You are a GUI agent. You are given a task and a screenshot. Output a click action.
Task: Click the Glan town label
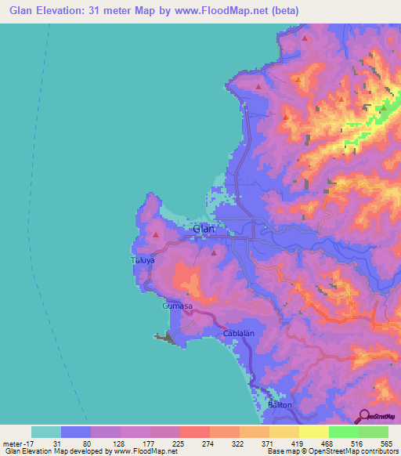click(204, 229)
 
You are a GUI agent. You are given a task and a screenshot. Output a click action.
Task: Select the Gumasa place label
click(177, 306)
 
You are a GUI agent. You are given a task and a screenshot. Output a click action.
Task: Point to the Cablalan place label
click(239, 334)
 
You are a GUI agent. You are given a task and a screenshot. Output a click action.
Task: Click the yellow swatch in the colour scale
click(314, 432)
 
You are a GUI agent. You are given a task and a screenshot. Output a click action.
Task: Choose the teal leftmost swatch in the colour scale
click(46, 432)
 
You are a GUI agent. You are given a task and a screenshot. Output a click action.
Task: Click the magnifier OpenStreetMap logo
click(363, 416)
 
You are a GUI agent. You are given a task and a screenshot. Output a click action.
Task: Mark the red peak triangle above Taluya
click(157, 233)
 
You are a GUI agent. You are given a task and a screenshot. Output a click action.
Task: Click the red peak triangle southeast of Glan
click(213, 252)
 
